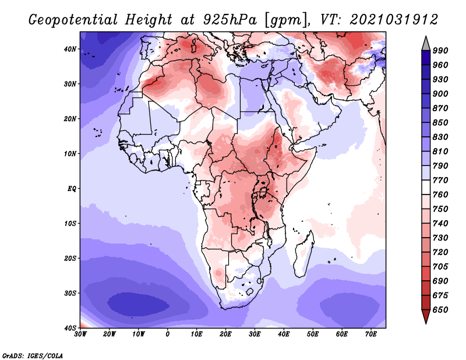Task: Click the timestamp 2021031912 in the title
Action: coord(394,19)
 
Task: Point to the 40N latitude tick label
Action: coord(70,49)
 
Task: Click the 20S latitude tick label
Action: coord(70,258)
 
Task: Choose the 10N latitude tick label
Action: coord(70,154)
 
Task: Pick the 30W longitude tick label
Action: coord(80,334)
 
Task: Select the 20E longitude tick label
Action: coord(225,334)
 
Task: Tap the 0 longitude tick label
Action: coord(168,334)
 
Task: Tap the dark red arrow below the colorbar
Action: coord(425,316)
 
